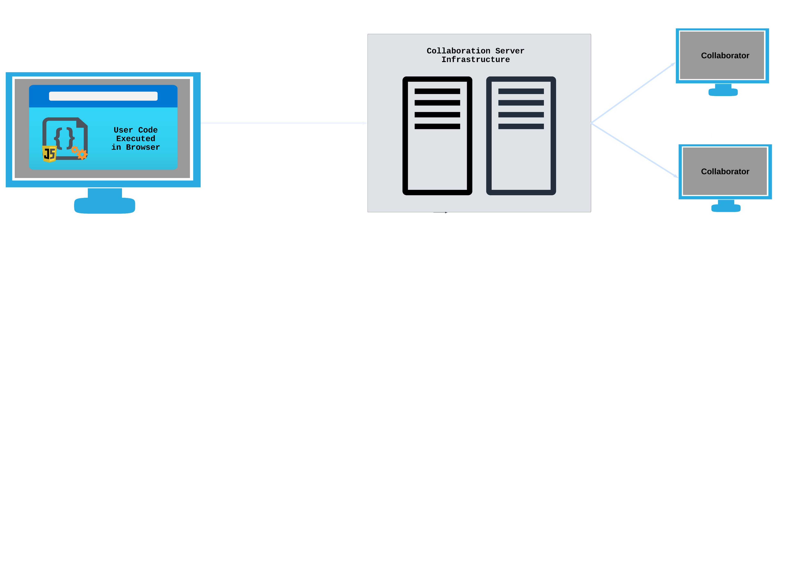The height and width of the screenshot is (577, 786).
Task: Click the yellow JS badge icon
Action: (49, 154)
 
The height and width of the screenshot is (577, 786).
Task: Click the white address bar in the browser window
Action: (103, 96)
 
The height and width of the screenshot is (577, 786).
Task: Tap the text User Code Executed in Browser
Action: (136, 139)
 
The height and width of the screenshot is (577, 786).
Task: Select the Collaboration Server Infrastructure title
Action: (475, 55)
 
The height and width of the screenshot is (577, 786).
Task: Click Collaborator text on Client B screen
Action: (725, 55)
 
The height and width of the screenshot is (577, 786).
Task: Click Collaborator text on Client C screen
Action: (725, 172)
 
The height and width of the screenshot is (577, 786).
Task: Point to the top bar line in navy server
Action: (521, 91)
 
